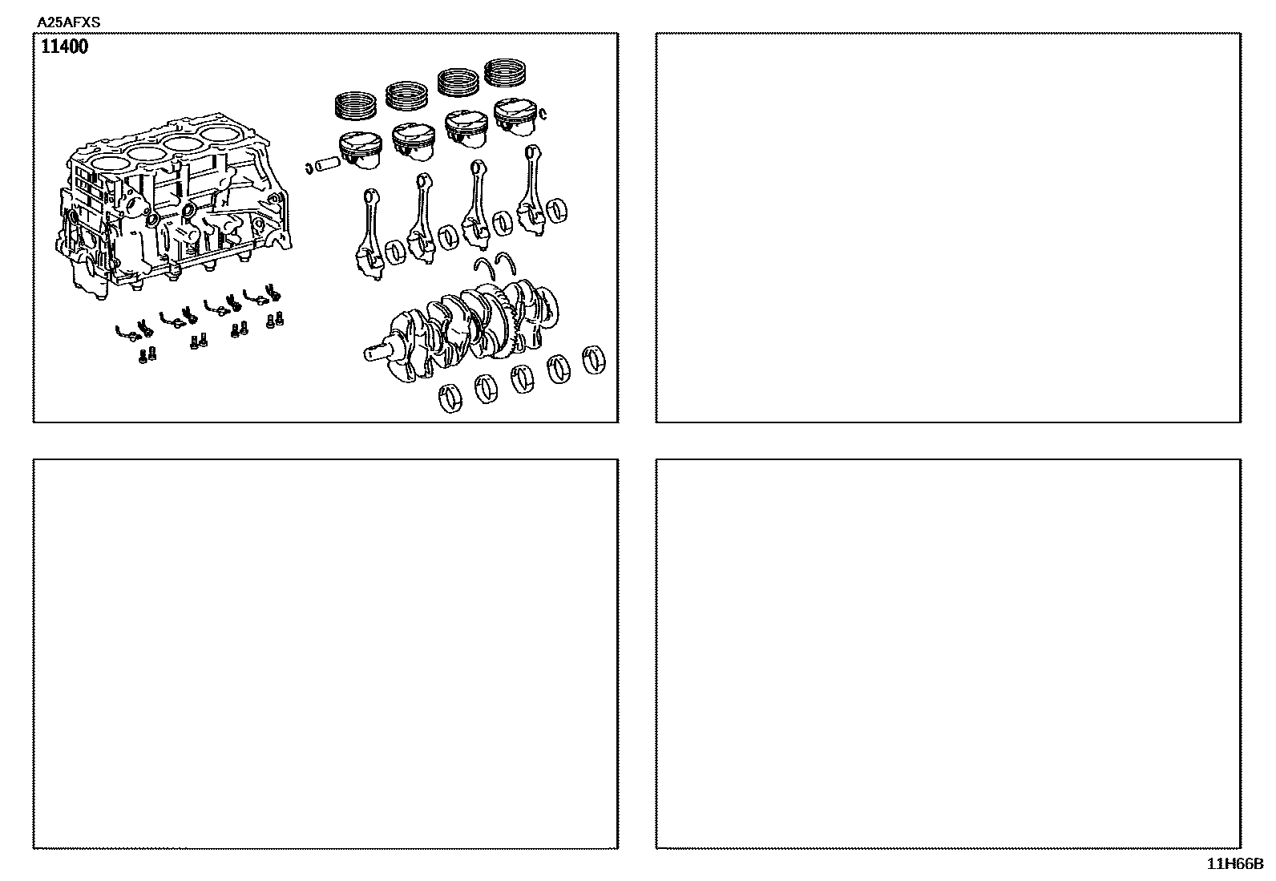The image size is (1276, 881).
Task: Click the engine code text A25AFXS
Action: coord(68,22)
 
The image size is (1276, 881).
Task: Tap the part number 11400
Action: coord(64,46)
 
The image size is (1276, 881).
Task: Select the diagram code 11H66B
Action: coord(1234,864)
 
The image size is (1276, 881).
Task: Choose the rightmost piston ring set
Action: coord(505,72)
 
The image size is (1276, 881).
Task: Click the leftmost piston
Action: coord(360,150)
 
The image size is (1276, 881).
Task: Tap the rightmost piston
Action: coord(515,117)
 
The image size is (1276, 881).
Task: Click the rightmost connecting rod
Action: coord(531,190)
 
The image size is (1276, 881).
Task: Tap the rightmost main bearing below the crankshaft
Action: coord(594,360)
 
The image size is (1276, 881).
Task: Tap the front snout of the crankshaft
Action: coord(378,352)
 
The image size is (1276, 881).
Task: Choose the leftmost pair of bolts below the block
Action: coord(147,355)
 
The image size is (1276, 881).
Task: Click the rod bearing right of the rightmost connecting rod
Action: coord(556,212)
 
